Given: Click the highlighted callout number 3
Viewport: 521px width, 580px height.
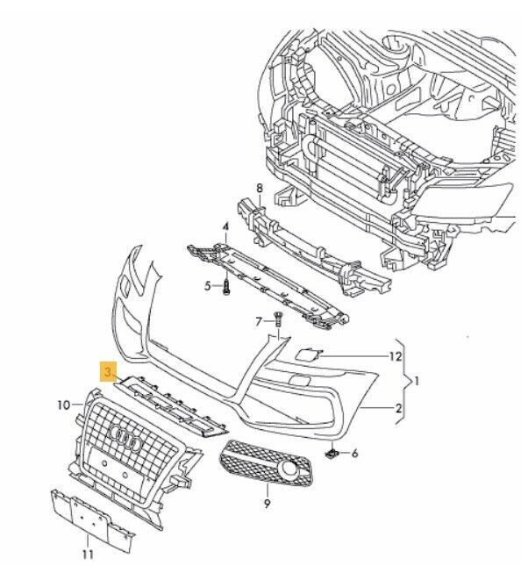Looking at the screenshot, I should pos(108,372).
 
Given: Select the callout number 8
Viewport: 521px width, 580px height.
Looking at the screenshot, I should pos(260,188).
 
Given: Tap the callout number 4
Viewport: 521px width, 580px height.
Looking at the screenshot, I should pos(225,227).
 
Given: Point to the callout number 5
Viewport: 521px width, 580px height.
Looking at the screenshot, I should pos(208,285).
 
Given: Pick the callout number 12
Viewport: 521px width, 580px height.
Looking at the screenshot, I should pos(396,356).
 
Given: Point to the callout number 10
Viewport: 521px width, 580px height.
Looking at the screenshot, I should pos(64,405).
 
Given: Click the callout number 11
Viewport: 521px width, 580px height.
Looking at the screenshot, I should pos(87,554).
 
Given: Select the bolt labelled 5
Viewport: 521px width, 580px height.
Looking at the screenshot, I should pos(226,286).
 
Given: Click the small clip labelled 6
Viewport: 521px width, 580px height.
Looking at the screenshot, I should pos(333,453).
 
